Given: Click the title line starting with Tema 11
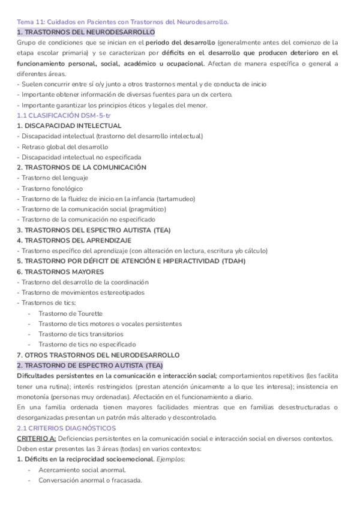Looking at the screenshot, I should pyautogui.click(x=122, y=22).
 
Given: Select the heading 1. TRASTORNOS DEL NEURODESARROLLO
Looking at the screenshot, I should pyautogui.click(x=86, y=32).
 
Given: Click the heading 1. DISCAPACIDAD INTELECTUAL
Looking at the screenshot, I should pyautogui.click(x=69, y=125).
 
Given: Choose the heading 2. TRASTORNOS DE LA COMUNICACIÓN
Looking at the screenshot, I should pyautogui.click(x=82, y=167).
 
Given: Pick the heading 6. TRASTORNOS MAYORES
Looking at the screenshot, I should pyautogui.click(x=61, y=271).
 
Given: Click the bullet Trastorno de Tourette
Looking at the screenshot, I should pyautogui.click(x=70, y=313).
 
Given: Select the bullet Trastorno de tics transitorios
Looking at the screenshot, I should pyautogui.click(x=81, y=334).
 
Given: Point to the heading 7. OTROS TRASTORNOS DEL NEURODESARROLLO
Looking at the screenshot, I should pyautogui.click(x=98, y=355).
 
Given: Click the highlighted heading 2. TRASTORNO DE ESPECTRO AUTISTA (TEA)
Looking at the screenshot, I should pyautogui.click(x=89, y=366).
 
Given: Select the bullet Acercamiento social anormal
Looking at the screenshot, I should pyautogui.click(x=82, y=470).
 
